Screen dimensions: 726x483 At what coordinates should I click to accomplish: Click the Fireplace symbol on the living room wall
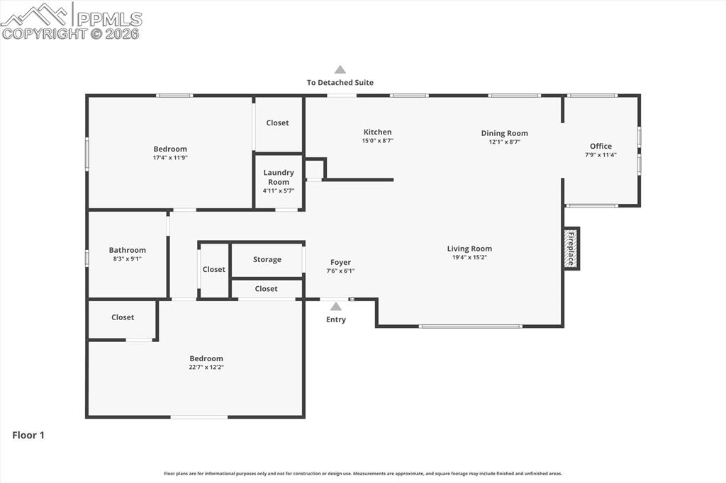571,249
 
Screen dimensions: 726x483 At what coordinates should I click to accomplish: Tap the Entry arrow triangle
335,306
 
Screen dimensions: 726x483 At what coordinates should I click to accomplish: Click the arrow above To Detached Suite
340,69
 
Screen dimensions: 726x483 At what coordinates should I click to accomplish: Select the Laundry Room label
279,177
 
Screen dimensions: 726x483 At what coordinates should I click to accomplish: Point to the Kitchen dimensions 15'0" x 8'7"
377,141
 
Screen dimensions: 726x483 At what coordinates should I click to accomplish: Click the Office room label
601,146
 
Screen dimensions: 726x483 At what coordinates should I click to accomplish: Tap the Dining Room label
504,133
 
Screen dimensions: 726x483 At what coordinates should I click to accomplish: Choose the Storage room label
267,259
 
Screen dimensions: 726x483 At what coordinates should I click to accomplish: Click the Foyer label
340,262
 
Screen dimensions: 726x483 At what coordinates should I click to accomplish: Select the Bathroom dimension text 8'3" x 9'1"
128,259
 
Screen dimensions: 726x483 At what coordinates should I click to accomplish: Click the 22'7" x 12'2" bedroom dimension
206,368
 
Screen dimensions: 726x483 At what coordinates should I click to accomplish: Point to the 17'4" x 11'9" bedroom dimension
170,158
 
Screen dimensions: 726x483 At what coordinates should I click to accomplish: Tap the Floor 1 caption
28,435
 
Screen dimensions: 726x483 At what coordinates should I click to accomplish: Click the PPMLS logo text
109,19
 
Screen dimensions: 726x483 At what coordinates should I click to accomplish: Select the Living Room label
469,249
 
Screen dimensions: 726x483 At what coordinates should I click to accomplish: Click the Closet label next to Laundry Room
277,123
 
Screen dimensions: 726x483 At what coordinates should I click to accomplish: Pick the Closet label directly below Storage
267,289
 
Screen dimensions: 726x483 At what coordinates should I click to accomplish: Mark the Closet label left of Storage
214,269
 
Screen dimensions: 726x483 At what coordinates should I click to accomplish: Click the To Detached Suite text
340,82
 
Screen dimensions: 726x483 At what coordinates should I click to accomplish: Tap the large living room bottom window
471,326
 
